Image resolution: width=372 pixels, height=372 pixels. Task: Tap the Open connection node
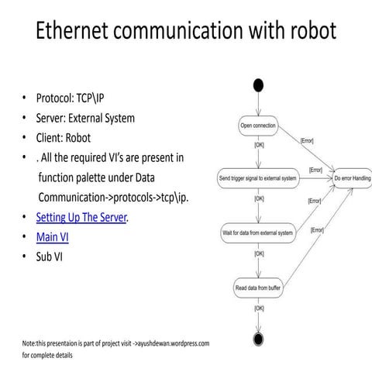click(257, 125)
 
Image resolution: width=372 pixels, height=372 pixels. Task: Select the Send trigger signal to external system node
click(257, 178)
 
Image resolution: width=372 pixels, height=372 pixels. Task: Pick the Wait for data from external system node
click(257, 232)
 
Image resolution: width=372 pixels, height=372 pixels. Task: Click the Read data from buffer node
click(257, 288)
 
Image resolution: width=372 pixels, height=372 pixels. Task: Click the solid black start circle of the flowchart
click(257, 84)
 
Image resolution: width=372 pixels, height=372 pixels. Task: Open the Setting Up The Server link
click(81, 217)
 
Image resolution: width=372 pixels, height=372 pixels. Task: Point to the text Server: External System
click(85, 119)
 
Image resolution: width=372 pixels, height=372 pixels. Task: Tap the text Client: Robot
click(64, 138)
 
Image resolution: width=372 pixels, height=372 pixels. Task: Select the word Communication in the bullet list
click(74, 197)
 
